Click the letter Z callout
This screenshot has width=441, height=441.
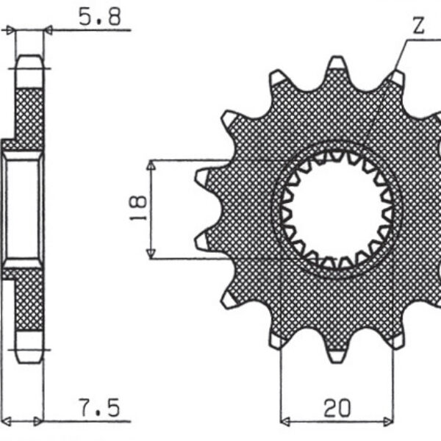417,27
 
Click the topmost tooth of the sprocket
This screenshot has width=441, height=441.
337,63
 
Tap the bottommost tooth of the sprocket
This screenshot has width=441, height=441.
337,355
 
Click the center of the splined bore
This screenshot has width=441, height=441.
337,209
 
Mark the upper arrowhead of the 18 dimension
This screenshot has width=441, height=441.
151,165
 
